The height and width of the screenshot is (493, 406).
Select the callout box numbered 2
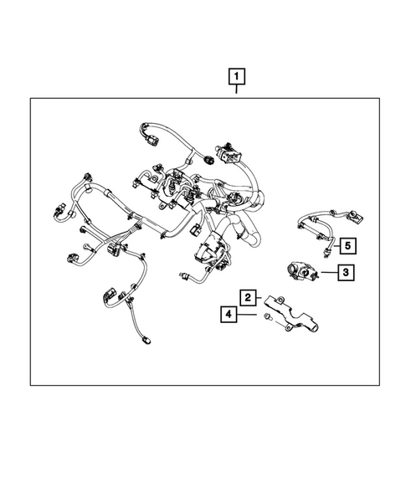[x=248, y=296]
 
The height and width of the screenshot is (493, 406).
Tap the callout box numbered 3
[x=345, y=271]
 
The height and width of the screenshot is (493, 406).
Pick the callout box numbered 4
[x=226, y=315]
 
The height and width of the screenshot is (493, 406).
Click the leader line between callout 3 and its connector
[x=326, y=272]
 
